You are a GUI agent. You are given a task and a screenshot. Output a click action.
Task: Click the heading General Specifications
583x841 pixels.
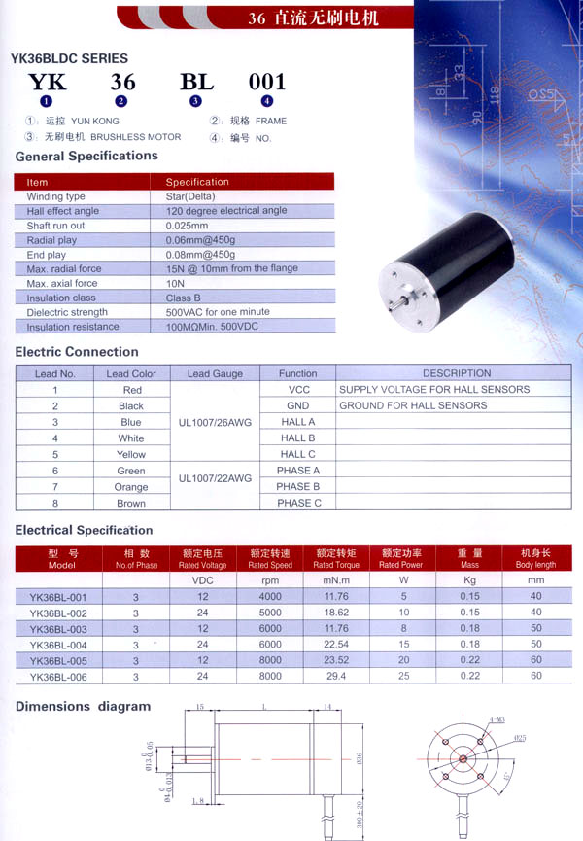point(86,156)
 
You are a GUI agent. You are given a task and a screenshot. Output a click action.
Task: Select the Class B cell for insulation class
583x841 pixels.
point(184,298)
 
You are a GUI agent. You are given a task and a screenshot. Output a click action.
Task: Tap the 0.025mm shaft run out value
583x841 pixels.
point(188,226)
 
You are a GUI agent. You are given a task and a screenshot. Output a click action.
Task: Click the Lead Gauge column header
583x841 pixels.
point(215,373)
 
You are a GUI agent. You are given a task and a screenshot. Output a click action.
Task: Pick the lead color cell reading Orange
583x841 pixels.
point(131,487)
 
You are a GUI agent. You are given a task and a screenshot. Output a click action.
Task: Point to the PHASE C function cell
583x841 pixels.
point(298,503)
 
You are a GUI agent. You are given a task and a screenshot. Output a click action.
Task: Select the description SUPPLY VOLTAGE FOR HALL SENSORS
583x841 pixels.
point(434,390)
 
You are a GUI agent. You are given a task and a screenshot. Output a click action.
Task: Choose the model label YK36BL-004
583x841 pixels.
point(58,645)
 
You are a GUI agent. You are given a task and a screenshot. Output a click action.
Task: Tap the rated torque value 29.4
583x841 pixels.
point(335,676)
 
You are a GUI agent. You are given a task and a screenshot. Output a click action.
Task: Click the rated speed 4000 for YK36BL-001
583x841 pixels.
point(270,597)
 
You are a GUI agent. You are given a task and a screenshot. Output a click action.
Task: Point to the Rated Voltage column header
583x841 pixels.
point(203,559)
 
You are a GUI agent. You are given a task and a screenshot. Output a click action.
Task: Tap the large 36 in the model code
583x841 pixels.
point(122,82)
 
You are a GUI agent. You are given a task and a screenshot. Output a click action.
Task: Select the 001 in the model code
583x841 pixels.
point(267,82)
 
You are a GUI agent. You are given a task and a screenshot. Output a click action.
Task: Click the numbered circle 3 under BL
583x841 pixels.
point(195,101)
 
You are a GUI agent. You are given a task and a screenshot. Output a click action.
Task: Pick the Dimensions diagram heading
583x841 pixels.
point(83,706)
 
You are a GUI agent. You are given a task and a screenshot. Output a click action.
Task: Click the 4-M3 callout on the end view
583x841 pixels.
point(497,720)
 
